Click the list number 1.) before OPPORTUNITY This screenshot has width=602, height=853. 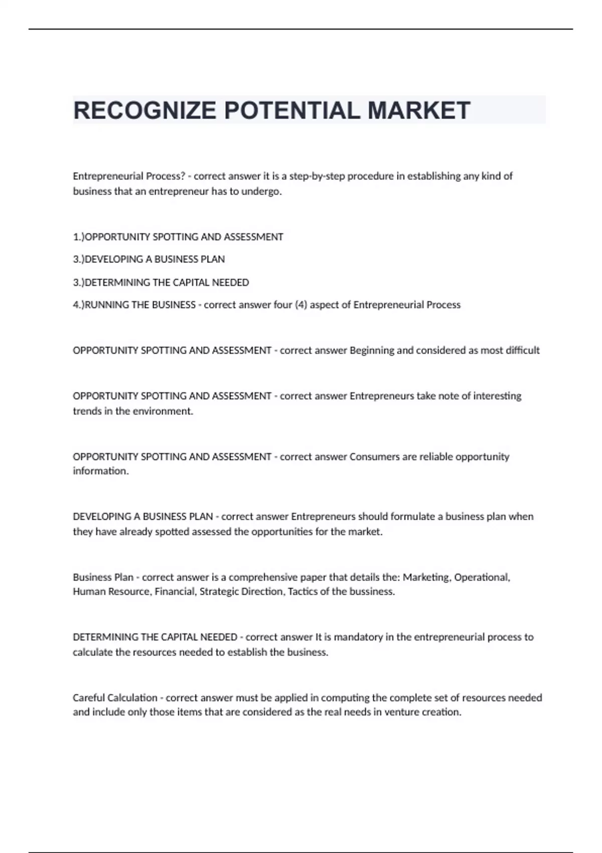[79, 237]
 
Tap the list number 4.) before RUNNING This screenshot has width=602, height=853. [79, 305]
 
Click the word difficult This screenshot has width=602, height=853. [522, 350]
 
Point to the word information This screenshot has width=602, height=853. [100, 471]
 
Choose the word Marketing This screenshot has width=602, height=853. [426, 578]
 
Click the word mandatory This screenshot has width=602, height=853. [358, 637]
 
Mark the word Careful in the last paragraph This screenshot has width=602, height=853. [88, 698]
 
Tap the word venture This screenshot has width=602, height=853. [401, 712]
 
